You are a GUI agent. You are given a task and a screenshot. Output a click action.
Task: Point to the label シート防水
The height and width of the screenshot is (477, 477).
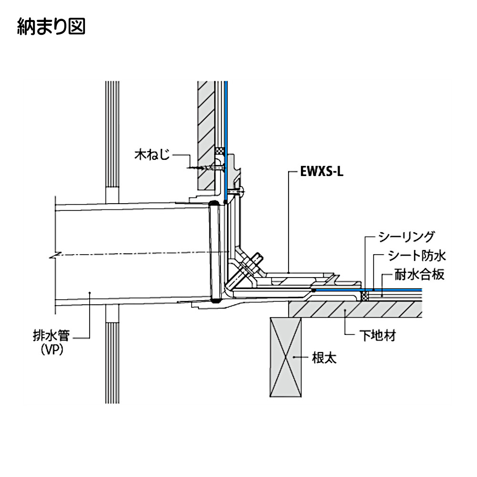[x=415, y=256]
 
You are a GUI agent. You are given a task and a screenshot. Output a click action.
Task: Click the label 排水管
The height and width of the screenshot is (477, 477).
[x=55, y=337]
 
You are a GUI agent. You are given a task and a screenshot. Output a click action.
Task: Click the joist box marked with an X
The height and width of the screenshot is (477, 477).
[x=286, y=357]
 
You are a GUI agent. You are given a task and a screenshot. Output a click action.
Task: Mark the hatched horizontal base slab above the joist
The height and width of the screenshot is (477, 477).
[x=358, y=311]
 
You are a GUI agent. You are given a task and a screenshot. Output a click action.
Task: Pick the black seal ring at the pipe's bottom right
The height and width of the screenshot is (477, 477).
[x=216, y=301]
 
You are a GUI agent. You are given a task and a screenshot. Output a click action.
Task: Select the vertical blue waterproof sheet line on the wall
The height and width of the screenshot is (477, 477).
[x=226, y=119]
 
